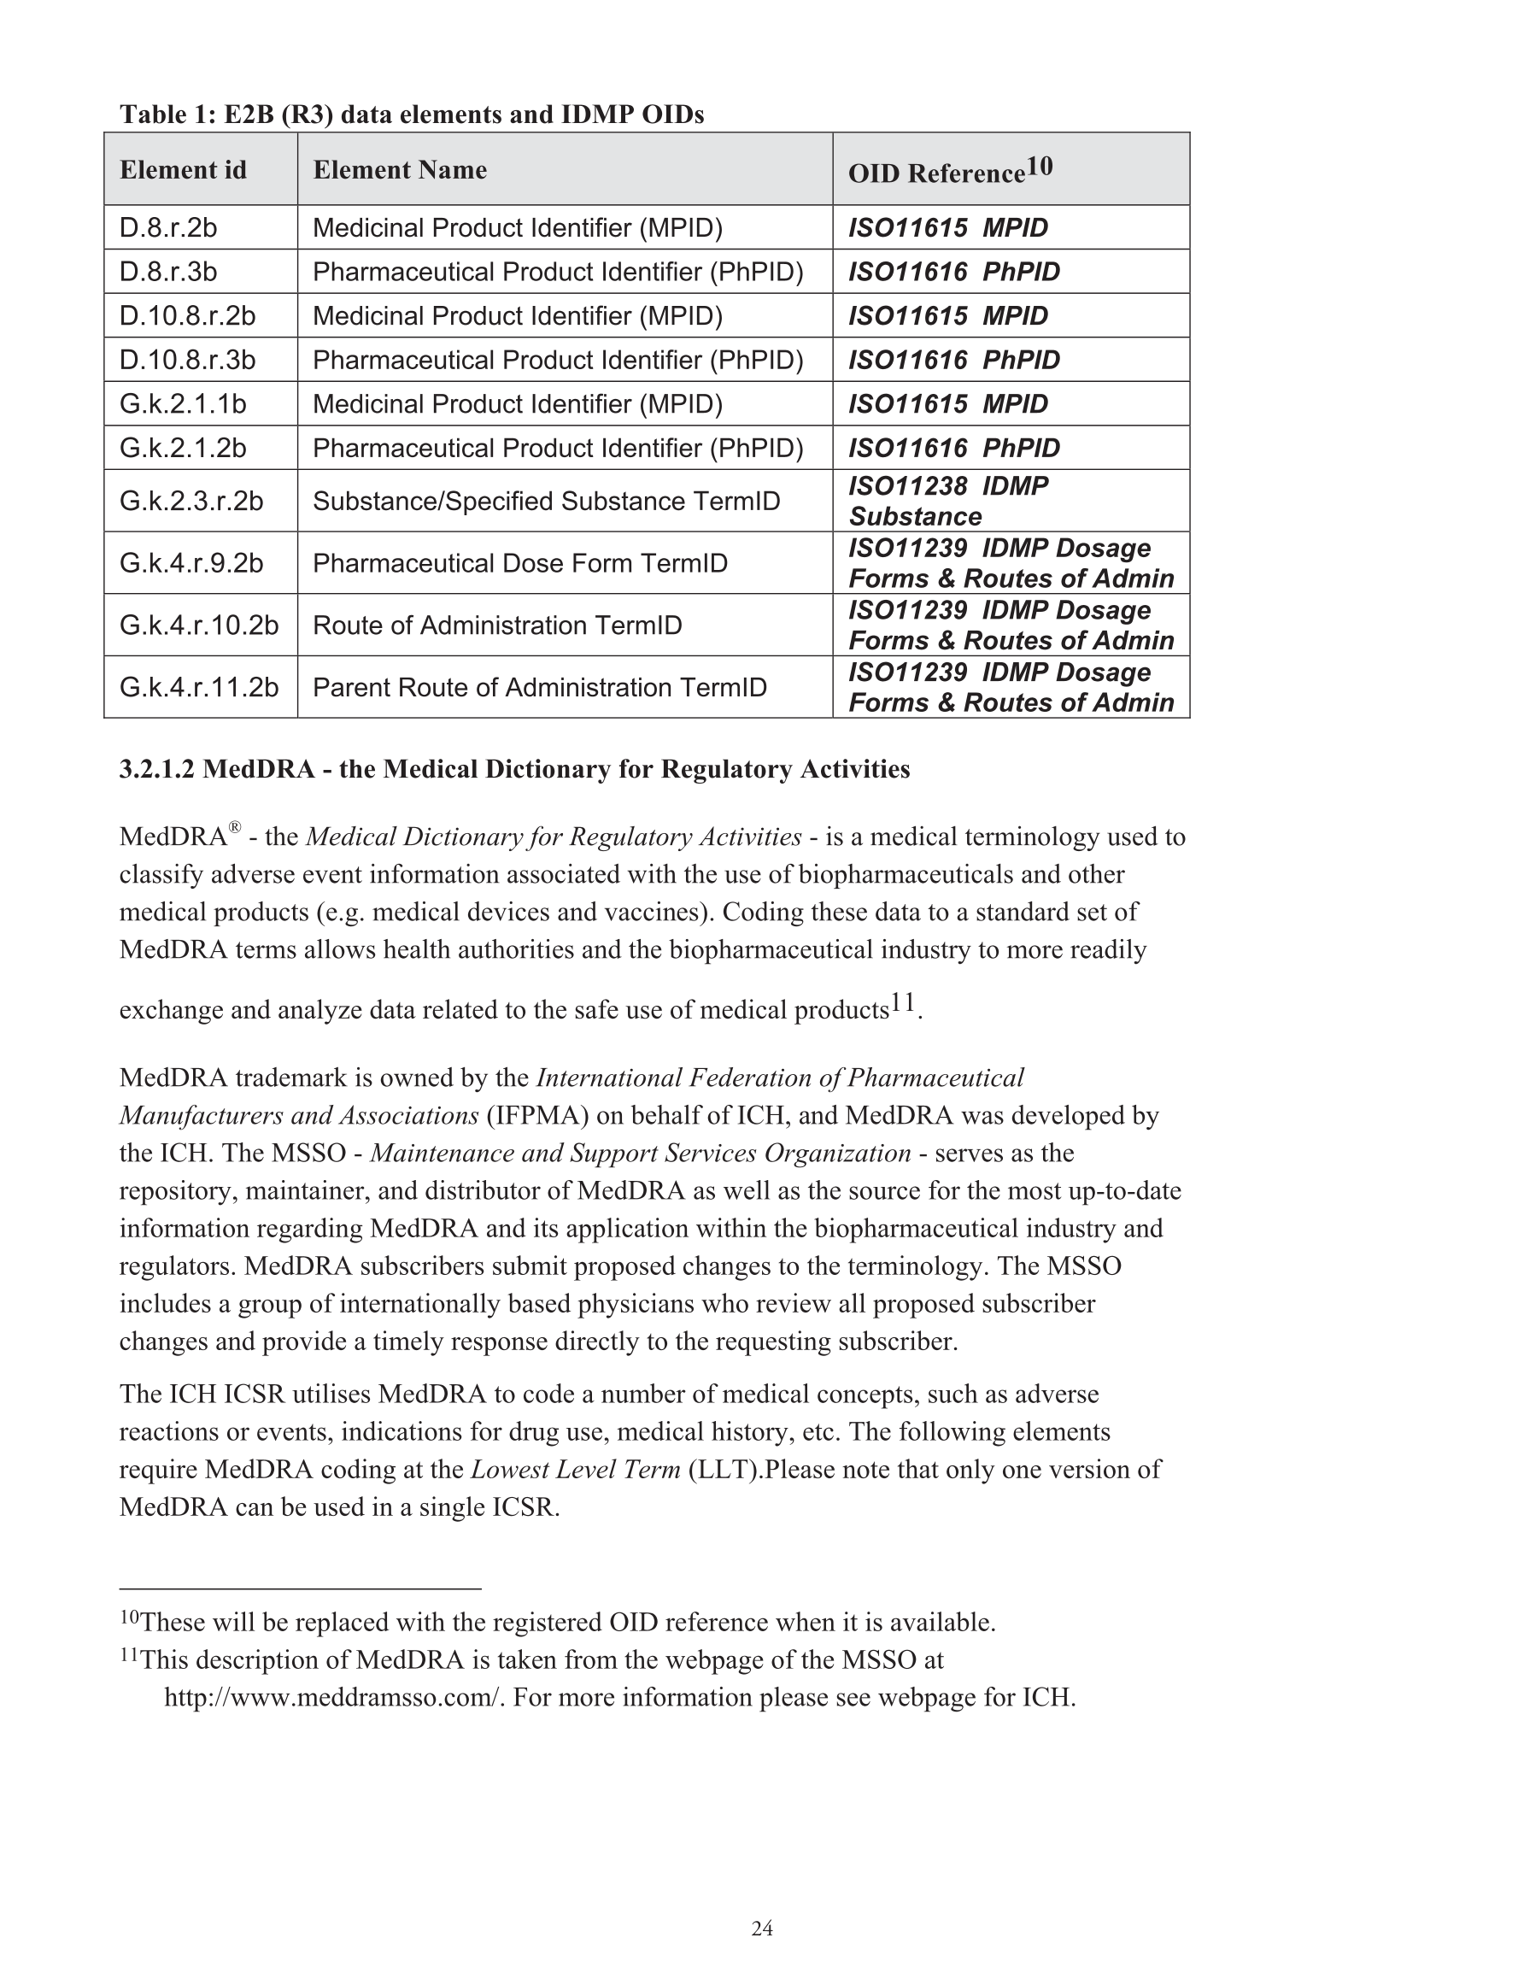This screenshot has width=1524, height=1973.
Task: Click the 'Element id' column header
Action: pyautogui.click(x=183, y=170)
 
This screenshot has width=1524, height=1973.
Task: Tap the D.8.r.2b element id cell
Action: pyautogui.click(x=168, y=227)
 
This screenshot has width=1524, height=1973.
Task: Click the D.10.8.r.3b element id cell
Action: pyautogui.click(x=187, y=360)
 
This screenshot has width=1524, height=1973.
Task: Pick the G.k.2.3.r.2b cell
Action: pyautogui.click(x=190, y=501)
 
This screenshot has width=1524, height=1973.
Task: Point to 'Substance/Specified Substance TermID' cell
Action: pyautogui.click(x=546, y=501)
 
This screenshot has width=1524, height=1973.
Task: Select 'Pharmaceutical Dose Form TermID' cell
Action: pyautogui.click(x=519, y=563)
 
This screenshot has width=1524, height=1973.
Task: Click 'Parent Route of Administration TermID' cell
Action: pyautogui.click(x=539, y=688)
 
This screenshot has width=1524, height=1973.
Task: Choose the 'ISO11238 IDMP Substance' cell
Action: pyautogui.click(x=947, y=501)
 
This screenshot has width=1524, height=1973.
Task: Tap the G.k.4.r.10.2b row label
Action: pyautogui.click(x=199, y=625)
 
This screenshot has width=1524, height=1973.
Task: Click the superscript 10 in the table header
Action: pyautogui.click(x=1040, y=167)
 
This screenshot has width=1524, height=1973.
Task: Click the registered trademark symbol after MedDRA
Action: pyautogui.click(x=235, y=826)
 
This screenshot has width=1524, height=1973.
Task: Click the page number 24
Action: pyautogui.click(x=761, y=1929)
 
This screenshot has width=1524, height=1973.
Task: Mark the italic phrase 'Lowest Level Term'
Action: pyautogui.click(x=576, y=1470)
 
